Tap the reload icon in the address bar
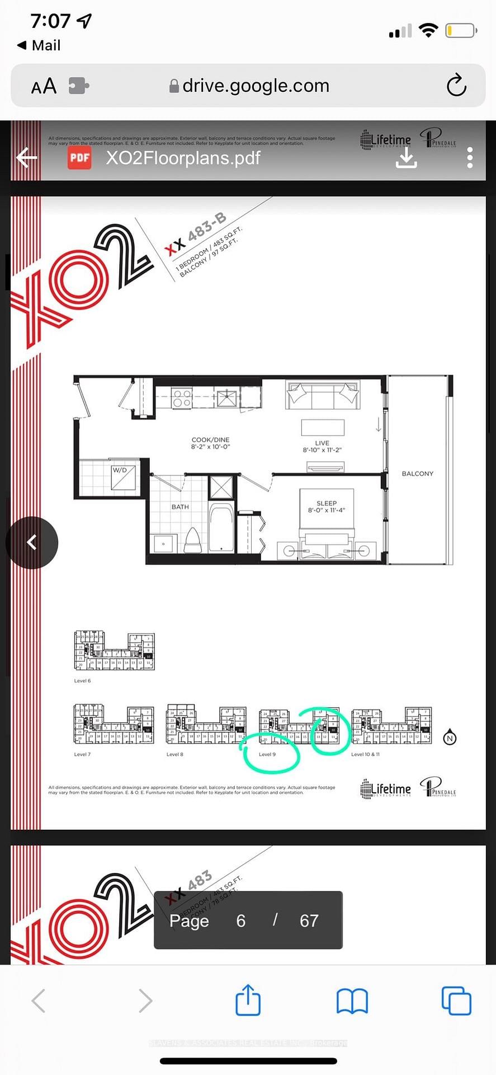click(x=456, y=86)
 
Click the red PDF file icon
click(x=79, y=158)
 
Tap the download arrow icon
click(x=406, y=158)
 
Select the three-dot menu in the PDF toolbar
click(x=470, y=158)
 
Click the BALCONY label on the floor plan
click(x=417, y=474)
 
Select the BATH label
click(x=180, y=507)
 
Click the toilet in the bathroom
click(x=192, y=539)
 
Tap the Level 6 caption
click(x=82, y=681)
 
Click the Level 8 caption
click(x=174, y=754)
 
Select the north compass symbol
click(x=450, y=738)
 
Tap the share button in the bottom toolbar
click(x=248, y=1000)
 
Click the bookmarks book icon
click(x=352, y=1001)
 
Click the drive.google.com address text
click(x=256, y=86)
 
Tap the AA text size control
click(x=44, y=86)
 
